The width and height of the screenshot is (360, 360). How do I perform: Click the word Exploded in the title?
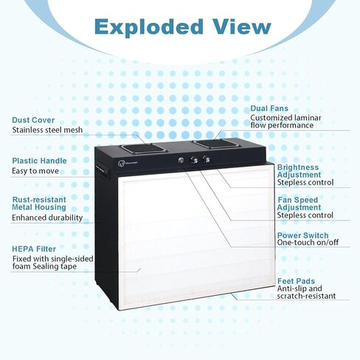tap(148, 27)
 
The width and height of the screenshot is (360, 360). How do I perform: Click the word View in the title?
tap(242, 27)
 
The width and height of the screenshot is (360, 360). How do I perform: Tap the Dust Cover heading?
tap(33, 120)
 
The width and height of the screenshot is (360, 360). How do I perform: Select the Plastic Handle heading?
tap(39, 161)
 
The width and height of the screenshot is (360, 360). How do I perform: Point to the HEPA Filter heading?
tap(34, 249)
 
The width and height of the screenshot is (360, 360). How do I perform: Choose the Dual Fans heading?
tap(269, 108)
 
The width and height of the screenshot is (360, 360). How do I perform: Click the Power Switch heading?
tap(302, 235)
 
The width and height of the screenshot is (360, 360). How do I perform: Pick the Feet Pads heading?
tap(296, 281)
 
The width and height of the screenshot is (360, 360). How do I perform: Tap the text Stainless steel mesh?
tap(47, 130)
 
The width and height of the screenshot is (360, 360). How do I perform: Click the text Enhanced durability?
tap(47, 218)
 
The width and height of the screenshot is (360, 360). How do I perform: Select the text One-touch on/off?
tap(308, 243)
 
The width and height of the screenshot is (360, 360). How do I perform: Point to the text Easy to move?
tap(35, 171)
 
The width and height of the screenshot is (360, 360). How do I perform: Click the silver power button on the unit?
tap(181, 160)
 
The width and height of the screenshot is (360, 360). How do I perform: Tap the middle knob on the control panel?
tap(194, 160)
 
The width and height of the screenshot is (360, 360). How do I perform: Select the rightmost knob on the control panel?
tap(206, 159)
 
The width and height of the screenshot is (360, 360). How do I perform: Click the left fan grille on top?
tap(143, 148)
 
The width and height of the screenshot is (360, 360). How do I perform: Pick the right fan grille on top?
tap(217, 143)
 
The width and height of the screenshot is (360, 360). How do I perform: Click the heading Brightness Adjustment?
tap(299, 171)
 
